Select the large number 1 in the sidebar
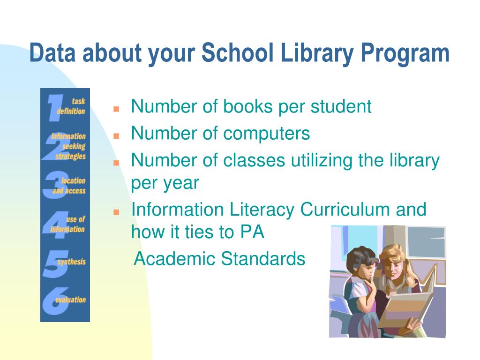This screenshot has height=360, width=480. (56, 107)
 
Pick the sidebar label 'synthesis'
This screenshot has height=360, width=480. (72, 262)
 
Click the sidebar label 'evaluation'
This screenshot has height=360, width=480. (71, 300)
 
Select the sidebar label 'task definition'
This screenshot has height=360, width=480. (72, 106)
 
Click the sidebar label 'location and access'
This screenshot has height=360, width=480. (70, 186)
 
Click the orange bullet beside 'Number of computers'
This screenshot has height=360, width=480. (116, 135)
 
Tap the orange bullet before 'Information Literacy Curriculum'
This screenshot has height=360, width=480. (116, 212)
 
